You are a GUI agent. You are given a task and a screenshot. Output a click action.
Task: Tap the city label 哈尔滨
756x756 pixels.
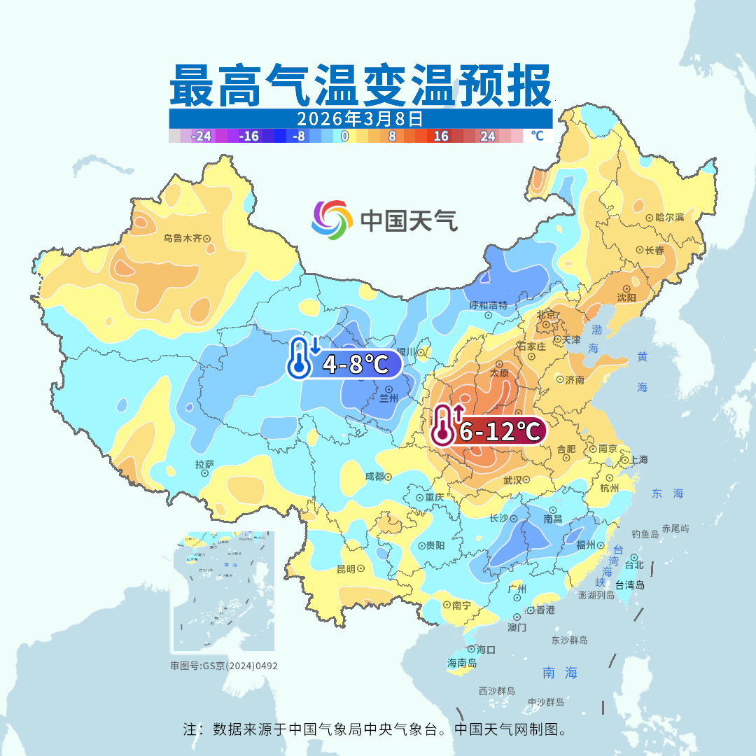(669, 218)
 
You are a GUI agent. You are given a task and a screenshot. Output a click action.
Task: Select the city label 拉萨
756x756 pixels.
(204, 464)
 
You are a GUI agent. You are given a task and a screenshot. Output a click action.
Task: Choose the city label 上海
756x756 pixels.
(638, 460)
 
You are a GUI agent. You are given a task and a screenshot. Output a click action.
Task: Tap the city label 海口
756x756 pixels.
(486, 650)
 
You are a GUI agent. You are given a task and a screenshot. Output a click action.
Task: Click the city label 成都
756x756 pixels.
(374, 476)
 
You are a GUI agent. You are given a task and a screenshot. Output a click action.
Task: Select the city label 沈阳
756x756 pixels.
(626, 297)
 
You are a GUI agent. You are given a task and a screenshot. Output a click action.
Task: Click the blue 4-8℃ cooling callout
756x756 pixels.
(353, 365)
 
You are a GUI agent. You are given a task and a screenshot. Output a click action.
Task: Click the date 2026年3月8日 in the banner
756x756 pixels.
(360, 118)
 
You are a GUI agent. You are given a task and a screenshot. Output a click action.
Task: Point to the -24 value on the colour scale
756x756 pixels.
(202, 136)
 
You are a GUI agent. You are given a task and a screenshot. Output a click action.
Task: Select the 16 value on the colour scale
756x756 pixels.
(441, 136)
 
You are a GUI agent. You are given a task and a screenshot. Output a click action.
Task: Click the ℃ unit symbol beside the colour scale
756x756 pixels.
(537, 136)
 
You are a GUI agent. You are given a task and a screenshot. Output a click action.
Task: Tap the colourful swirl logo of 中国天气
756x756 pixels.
(331, 220)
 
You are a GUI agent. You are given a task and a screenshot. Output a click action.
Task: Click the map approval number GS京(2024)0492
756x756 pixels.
(224, 666)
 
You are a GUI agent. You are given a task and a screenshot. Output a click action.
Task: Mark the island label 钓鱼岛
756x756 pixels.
(645, 534)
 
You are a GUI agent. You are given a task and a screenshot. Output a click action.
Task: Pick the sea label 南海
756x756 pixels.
(561, 673)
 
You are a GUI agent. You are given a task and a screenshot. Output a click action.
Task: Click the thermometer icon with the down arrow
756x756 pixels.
(302, 358)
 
